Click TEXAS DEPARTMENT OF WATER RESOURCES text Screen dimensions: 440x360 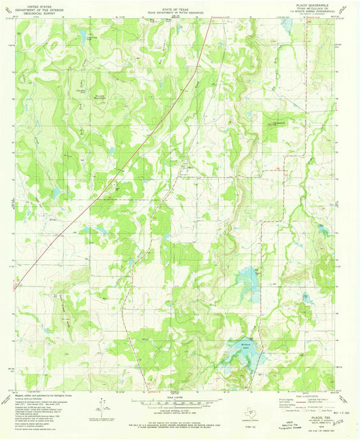(x=180, y=11)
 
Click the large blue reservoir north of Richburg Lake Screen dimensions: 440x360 (x=248, y=276)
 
